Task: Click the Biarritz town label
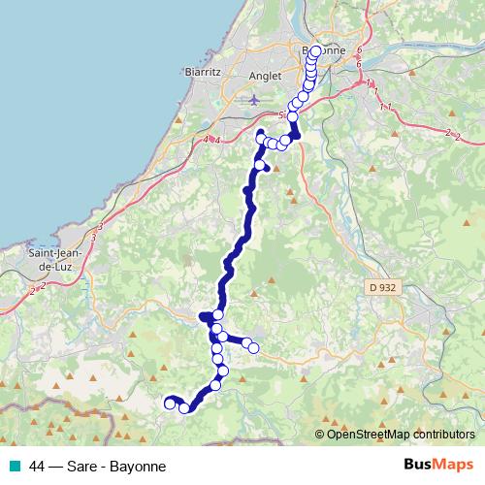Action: pyautogui.click(x=204, y=72)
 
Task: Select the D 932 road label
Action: pyautogui.click(x=383, y=287)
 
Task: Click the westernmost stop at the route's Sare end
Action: pyautogui.click(x=170, y=403)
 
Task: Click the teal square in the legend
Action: pyautogui.click(x=15, y=466)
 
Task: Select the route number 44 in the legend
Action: pyautogui.click(x=37, y=466)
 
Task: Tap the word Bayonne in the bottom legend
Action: pyautogui.click(x=138, y=466)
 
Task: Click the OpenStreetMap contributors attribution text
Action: pyautogui.click(x=401, y=434)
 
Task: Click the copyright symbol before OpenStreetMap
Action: pyautogui.click(x=320, y=434)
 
